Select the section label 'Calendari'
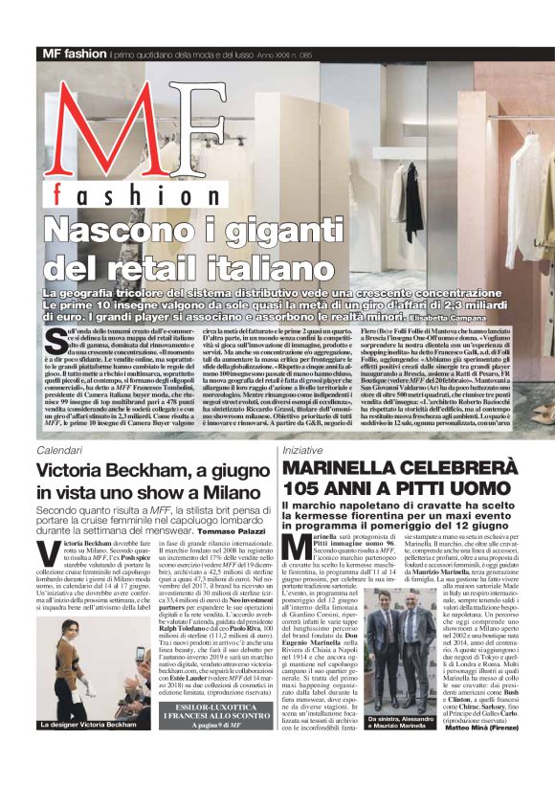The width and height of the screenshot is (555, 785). [59, 449]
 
